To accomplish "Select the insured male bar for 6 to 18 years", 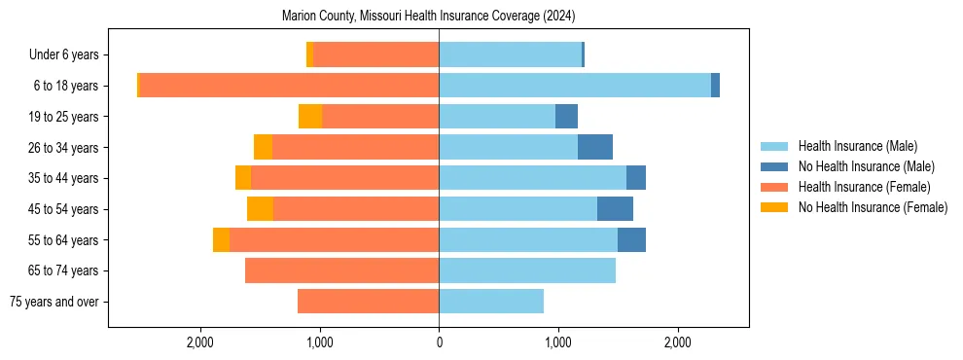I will click(574, 86).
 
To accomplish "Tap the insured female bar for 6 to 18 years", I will click(289, 86).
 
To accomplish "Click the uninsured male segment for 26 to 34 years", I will click(594, 147).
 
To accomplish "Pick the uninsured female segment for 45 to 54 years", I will click(260, 209).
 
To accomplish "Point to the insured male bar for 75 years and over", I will click(491, 302).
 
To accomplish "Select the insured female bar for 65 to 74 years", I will click(341, 270).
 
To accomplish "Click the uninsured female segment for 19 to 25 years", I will click(310, 117).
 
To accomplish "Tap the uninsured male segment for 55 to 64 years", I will click(631, 240).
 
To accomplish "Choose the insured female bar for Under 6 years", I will click(375, 54).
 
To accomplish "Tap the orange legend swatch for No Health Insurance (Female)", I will click(774, 207).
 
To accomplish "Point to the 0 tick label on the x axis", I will click(439, 342).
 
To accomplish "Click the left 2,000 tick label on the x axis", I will click(200, 342).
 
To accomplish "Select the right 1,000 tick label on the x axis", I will click(558, 342).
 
